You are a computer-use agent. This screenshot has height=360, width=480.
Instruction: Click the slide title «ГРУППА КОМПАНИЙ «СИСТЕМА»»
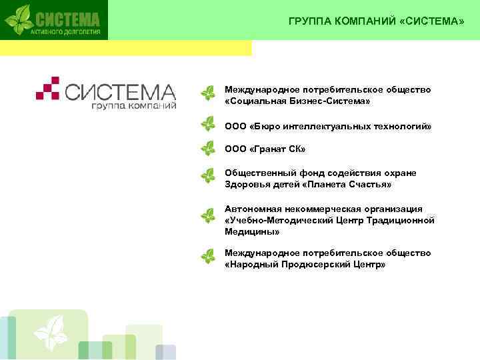376,21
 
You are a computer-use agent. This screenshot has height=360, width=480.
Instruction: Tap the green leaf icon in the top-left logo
19,19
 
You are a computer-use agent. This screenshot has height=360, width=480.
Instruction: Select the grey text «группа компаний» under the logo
133,105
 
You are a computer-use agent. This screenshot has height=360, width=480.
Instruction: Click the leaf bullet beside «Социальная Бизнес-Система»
209,95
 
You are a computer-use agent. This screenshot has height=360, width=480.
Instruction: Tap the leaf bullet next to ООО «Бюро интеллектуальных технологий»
209,124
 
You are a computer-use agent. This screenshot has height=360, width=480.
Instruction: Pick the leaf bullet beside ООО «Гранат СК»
209,148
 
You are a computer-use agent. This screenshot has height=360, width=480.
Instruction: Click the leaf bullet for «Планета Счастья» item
209,176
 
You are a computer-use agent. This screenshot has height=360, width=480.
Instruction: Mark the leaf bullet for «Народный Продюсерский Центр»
209,256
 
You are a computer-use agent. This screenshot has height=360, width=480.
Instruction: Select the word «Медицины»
252,231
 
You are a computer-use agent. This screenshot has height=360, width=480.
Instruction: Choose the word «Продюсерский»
315,265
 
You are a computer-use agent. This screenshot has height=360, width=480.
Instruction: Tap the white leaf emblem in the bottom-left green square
51,333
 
